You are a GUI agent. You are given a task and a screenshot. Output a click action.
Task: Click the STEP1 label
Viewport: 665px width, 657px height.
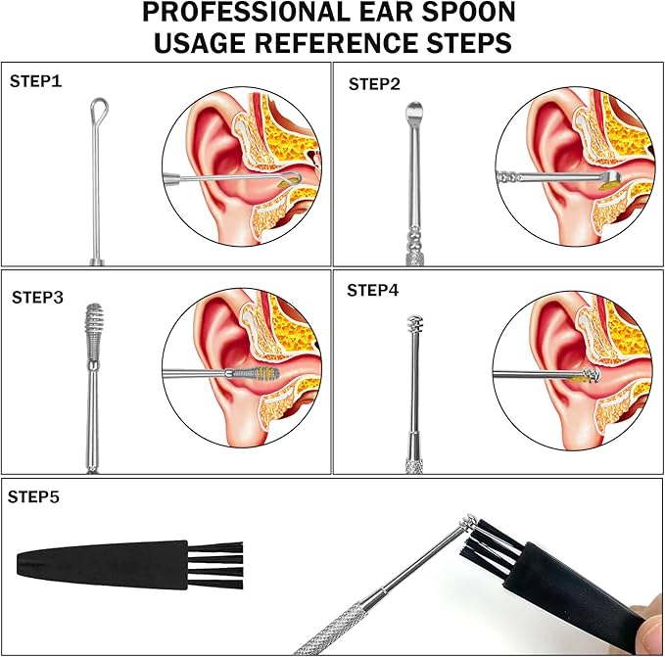[x=35, y=81]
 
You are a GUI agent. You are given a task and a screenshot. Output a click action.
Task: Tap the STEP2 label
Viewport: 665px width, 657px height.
[x=374, y=84]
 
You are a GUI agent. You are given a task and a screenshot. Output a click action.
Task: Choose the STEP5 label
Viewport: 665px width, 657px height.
[x=34, y=497]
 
